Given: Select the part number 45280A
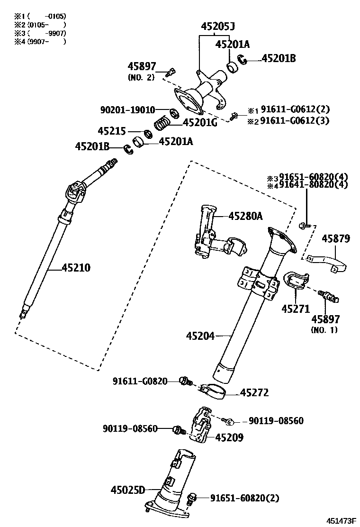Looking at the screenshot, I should click(x=245, y=216).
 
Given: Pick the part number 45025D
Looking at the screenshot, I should click(x=128, y=490).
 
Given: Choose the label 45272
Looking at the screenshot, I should click(x=254, y=393).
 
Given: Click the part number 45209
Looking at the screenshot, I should click(x=229, y=438).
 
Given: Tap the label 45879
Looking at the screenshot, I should click(x=336, y=238).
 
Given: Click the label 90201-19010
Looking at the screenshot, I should click(x=127, y=110).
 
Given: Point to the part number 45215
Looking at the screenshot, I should click(x=112, y=130).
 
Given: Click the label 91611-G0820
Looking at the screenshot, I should click(x=140, y=381).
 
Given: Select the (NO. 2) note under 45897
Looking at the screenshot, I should click(x=141, y=77).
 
